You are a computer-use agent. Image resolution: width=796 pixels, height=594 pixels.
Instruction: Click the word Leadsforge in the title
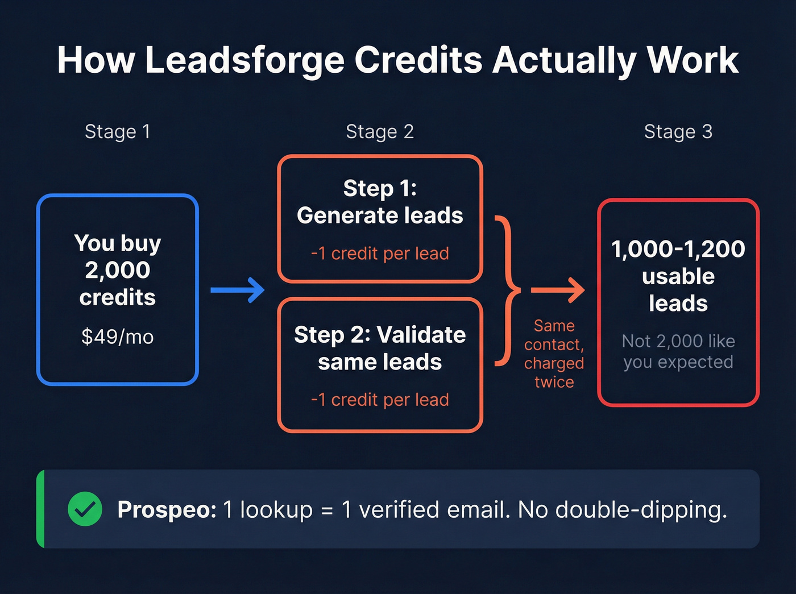244,60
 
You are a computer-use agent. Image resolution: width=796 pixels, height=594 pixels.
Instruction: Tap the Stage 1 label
118,132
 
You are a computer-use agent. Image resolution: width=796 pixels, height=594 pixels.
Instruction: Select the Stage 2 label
380,132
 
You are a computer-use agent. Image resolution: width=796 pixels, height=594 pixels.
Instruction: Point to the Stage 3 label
678,132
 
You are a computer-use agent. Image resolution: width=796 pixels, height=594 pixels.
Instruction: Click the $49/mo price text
118,337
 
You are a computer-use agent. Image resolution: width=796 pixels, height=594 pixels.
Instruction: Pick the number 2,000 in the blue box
118,270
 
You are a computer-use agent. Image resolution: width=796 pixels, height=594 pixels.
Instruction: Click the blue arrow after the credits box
238,290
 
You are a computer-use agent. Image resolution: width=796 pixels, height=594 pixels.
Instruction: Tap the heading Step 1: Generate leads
380,202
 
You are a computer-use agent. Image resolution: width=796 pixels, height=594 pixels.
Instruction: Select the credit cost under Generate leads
380,254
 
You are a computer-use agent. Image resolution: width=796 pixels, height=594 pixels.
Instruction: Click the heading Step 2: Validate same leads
380,348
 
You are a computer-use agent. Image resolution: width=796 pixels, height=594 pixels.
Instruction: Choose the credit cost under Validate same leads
380,400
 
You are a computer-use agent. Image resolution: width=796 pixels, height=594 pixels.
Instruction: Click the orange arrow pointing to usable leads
558,290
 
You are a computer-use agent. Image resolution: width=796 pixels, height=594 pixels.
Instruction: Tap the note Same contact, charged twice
554,354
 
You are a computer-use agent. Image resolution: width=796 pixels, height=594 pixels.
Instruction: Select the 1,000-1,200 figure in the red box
678,249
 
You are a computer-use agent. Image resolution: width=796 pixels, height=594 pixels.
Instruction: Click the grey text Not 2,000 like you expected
678,351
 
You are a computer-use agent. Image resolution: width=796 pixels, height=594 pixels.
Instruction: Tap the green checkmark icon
85,509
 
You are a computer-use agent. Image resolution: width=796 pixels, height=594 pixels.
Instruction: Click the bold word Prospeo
167,510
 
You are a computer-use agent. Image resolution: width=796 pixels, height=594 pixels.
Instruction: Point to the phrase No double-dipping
623,510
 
